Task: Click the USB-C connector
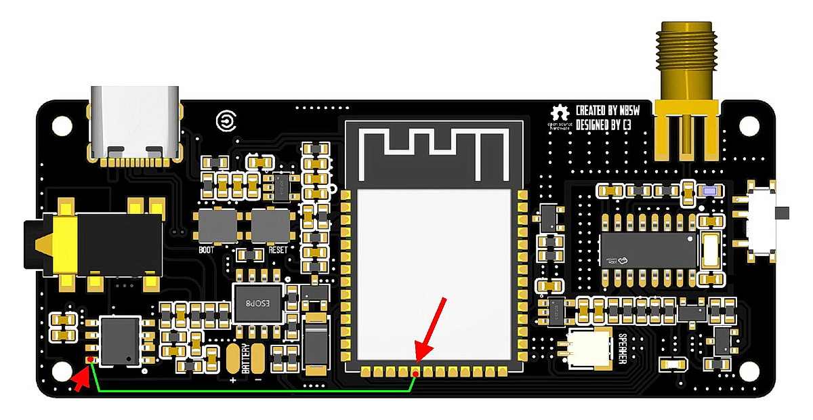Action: pos(136,126)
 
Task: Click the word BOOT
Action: pos(206,249)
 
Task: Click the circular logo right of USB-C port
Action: pos(225,121)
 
